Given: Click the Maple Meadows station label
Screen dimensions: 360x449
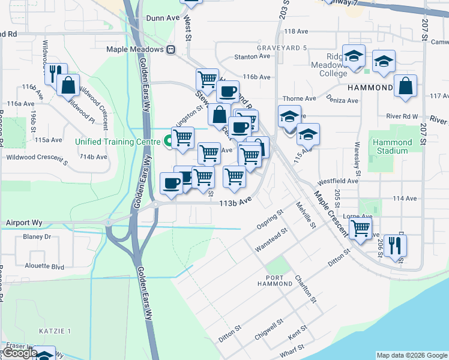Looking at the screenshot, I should click(135, 50).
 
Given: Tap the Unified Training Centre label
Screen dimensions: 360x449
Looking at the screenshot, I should click(118, 142).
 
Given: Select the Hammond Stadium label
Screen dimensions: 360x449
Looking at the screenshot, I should click(393, 146).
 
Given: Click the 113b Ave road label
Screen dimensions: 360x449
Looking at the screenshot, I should click(234, 204).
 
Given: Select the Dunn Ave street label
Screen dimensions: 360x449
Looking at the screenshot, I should click(163, 19).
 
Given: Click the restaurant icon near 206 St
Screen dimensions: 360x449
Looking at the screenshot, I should click(396, 245).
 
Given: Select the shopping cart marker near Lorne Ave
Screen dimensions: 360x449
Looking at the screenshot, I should click(360, 228).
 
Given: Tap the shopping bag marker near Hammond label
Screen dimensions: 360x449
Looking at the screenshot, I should click(406, 86).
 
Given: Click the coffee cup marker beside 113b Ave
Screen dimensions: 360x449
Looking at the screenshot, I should click(172, 183).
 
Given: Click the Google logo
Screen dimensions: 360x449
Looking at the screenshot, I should click(20, 353).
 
